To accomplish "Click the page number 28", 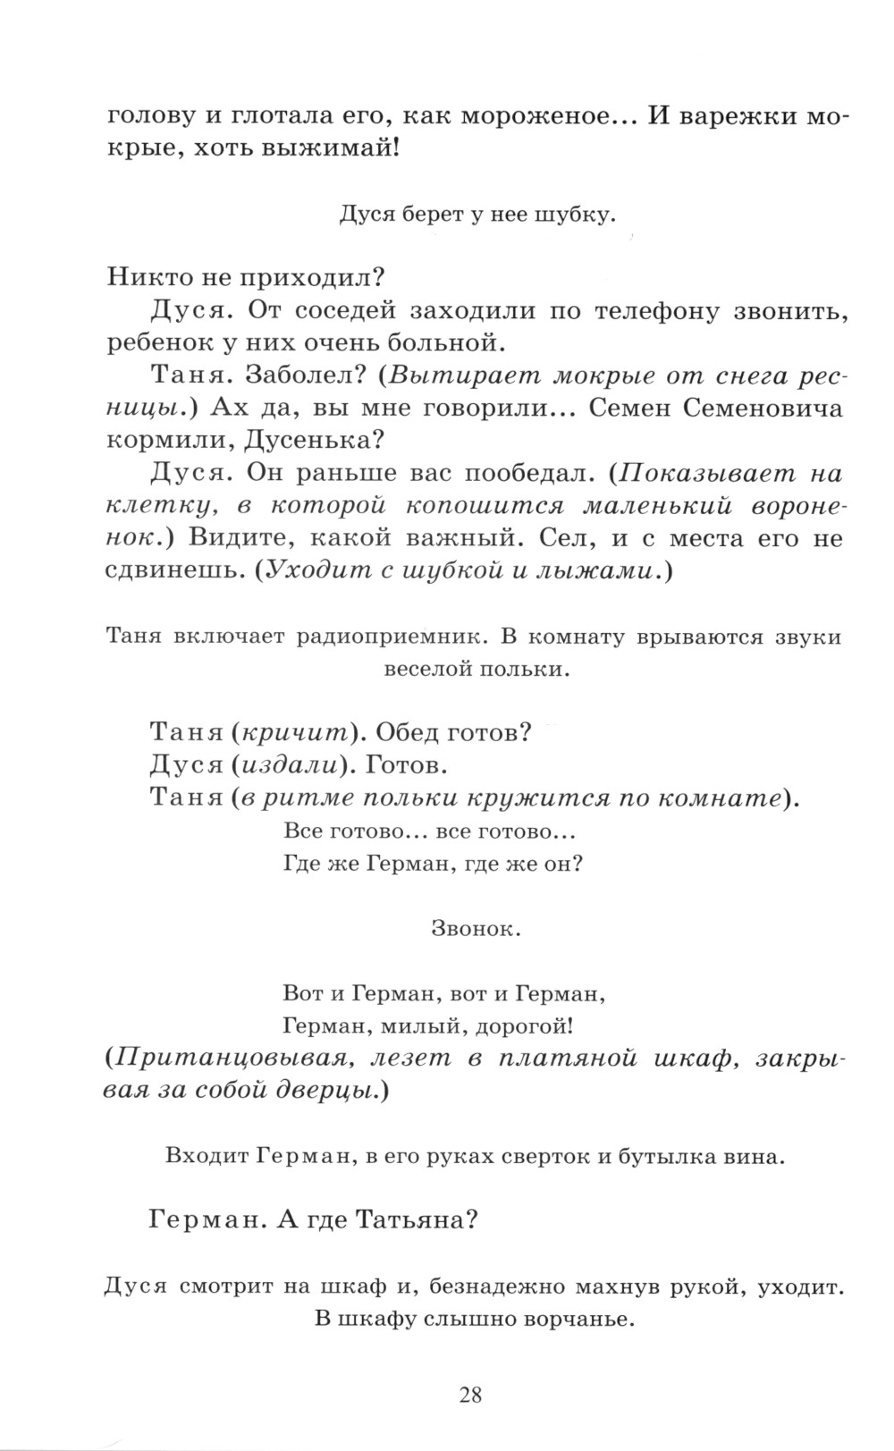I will click(x=471, y=1394).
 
